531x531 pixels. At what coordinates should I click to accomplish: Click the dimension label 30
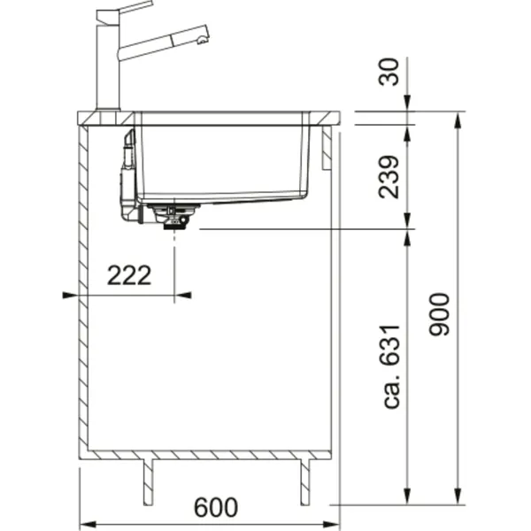click(x=389, y=73)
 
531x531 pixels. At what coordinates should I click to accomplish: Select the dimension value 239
click(x=389, y=177)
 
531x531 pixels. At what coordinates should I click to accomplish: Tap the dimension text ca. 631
click(x=392, y=366)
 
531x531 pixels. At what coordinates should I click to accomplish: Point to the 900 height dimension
click(x=439, y=314)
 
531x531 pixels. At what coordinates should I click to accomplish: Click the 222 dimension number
click(x=129, y=275)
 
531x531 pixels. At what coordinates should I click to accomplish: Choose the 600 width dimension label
click(x=216, y=507)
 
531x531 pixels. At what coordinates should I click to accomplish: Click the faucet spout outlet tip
click(x=203, y=41)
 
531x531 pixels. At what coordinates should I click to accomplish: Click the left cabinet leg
click(x=148, y=482)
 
